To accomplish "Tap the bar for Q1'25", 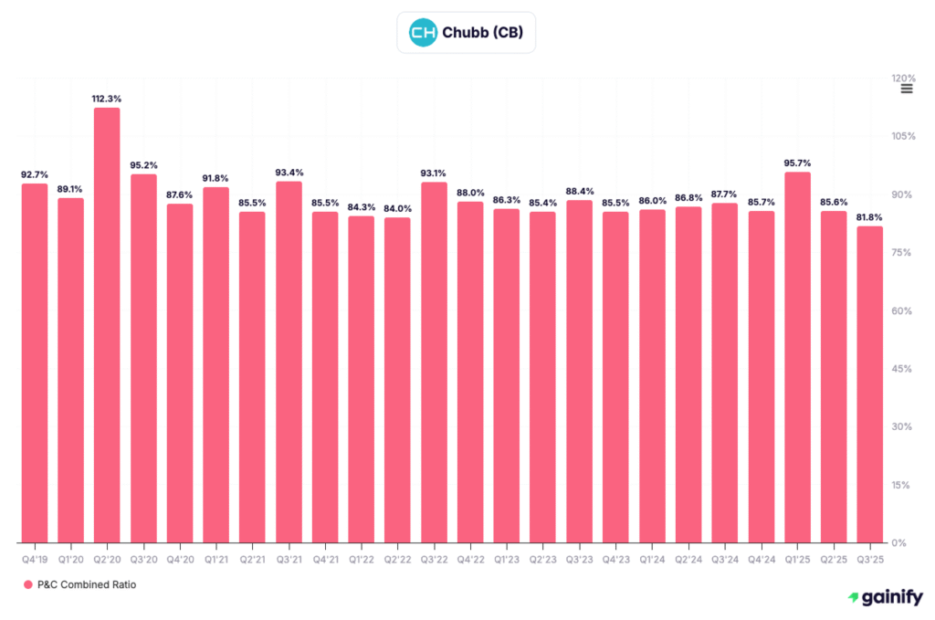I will [x=797, y=356].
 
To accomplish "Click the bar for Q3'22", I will [x=434, y=362].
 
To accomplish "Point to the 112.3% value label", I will [x=107, y=98].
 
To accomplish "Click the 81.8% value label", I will [x=869, y=216].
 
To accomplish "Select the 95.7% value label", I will [x=797, y=163].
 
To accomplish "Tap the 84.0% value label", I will [x=397, y=208].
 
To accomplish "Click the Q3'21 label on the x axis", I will [x=289, y=556].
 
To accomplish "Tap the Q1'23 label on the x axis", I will [x=507, y=556].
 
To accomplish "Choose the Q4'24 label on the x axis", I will [x=761, y=556].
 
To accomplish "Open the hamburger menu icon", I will [x=906, y=89].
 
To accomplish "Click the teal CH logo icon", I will [x=422, y=34].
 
